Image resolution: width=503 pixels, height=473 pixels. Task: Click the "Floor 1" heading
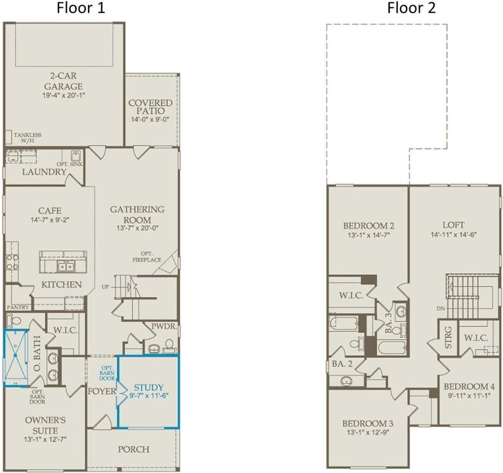point(80,8)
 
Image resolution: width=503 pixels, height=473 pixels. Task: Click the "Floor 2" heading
point(411,8)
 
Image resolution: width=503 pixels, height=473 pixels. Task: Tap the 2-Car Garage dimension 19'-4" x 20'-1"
point(63,95)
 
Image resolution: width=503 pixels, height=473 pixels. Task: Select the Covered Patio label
point(150,107)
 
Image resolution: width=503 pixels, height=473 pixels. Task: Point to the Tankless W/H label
point(28,138)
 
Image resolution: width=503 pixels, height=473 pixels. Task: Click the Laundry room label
point(44,172)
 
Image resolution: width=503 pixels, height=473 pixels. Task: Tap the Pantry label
point(18,307)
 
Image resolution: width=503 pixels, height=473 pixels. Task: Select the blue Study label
point(148,387)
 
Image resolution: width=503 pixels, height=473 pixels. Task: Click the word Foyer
point(102,391)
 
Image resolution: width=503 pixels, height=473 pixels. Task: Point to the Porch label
point(134,449)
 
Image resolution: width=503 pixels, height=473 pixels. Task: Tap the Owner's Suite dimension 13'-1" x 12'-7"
point(45,439)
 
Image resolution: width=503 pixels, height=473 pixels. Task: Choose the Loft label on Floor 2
point(453,225)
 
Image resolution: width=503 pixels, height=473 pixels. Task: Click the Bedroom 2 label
point(368,226)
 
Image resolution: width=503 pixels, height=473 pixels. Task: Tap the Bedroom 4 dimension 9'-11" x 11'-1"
point(469,395)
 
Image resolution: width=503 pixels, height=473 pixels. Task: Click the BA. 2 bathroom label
point(342,364)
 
